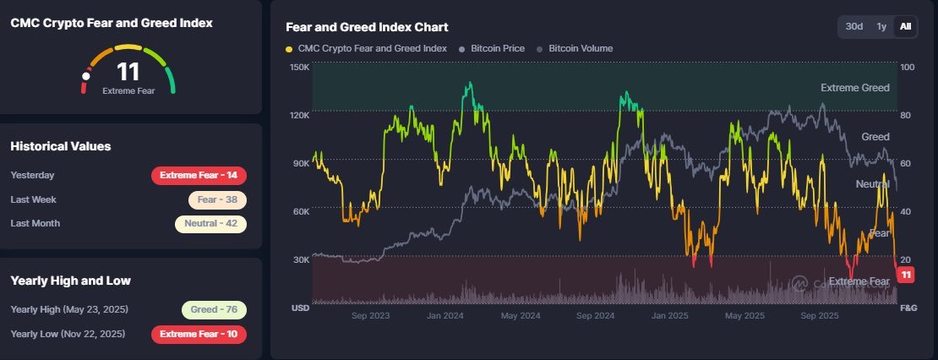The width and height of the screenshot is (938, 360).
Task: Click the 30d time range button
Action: coord(854,27)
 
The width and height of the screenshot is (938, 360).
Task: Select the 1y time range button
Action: coord(881,27)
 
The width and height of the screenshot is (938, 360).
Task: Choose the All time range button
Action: coord(905,27)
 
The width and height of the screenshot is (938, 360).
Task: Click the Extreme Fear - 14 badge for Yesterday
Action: coord(199,176)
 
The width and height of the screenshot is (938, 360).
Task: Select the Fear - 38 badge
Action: coord(217,200)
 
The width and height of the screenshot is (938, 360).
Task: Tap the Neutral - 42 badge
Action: coord(210,224)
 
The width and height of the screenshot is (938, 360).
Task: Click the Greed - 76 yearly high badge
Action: coord(214,310)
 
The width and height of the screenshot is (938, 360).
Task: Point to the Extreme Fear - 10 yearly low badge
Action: coord(199,334)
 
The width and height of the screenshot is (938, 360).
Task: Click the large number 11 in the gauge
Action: coord(128,73)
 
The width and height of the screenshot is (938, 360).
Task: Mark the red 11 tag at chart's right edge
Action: coord(906,275)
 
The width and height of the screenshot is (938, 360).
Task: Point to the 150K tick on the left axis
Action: coord(299,67)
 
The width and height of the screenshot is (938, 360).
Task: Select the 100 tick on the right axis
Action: coord(908,67)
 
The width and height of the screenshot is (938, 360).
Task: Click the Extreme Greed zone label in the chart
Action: coord(854,88)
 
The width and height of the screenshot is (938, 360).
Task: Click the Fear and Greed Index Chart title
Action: coord(367,28)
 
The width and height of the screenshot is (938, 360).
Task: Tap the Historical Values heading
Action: coord(60,146)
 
